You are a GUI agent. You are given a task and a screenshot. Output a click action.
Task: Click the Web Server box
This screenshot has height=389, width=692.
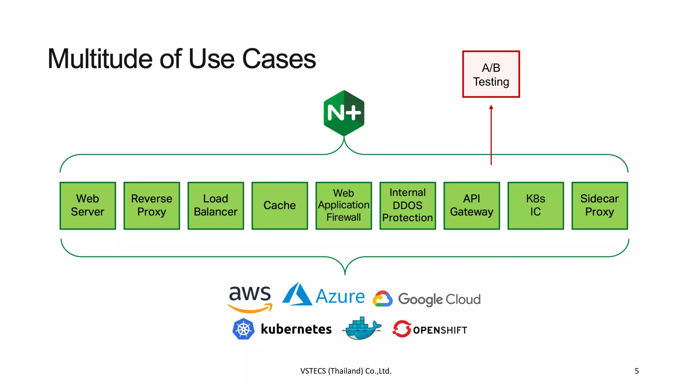(x=88, y=206)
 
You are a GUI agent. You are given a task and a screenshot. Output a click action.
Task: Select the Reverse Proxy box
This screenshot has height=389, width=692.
(x=152, y=206)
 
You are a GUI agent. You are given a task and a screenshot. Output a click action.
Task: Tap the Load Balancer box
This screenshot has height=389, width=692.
(x=216, y=206)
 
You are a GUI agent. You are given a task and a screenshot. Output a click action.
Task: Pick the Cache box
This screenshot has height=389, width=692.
(x=280, y=206)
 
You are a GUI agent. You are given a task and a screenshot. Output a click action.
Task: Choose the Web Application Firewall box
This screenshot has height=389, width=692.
(x=344, y=206)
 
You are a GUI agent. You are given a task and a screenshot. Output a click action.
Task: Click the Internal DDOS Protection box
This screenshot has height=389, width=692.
(x=407, y=206)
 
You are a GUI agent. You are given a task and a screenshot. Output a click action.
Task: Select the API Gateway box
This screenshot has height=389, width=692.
(x=472, y=206)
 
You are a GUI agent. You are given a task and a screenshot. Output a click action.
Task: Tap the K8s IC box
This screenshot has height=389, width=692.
(x=536, y=206)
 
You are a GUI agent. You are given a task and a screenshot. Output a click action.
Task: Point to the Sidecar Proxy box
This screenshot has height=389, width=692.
(x=599, y=206)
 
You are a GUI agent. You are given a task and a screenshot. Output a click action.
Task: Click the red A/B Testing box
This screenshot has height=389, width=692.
(x=491, y=74)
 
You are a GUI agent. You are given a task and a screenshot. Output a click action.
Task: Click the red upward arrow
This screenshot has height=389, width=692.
(x=491, y=135)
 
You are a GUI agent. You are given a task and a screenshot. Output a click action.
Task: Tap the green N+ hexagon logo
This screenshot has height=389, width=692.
(x=344, y=113)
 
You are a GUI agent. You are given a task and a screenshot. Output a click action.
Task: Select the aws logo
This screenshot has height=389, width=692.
(x=250, y=297)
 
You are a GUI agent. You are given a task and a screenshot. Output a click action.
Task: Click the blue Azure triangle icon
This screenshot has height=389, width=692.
(x=297, y=294)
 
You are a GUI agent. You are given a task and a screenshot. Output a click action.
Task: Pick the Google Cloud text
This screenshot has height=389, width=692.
(x=439, y=299)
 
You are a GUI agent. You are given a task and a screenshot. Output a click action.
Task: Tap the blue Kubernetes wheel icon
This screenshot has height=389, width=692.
(x=243, y=329)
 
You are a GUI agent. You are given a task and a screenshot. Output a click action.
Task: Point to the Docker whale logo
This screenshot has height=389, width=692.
(x=362, y=329)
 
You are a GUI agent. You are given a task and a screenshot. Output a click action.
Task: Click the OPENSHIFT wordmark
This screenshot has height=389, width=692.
(x=440, y=330)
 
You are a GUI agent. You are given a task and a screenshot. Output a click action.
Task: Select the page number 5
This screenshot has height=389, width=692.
(x=637, y=371)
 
